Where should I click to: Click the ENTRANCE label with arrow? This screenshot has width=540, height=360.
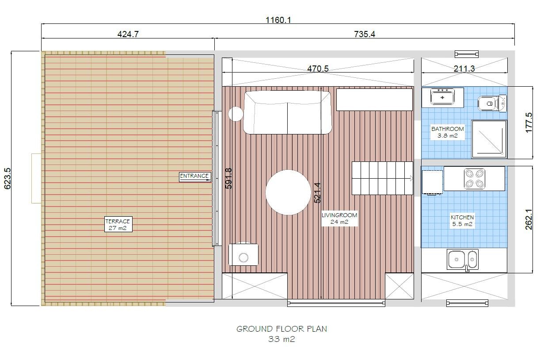point(194,176)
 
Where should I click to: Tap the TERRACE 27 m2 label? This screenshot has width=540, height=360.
point(118,225)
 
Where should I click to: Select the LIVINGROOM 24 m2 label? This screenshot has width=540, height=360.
point(339,218)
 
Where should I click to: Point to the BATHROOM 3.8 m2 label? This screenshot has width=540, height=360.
point(448,132)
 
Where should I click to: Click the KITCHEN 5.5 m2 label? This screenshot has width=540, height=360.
point(462,221)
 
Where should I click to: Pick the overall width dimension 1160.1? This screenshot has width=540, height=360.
point(278,20)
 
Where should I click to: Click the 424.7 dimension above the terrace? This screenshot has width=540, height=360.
point(128,34)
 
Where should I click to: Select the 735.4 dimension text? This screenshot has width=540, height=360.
point(365,34)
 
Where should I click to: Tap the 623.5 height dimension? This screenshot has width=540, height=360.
point(8,178)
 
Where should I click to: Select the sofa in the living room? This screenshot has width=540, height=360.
point(287,112)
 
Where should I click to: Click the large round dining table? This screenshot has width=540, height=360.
point(288,192)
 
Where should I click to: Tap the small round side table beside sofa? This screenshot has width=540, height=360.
point(236,114)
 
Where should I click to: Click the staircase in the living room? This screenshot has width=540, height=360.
point(382,178)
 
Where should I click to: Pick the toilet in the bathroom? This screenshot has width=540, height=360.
point(490,103)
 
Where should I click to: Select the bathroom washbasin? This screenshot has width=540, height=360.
point(442,97)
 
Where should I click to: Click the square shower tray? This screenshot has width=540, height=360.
point(489,139)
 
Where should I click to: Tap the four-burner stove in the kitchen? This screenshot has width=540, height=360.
point(474,179)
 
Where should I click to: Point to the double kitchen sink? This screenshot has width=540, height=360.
point(463,260)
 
